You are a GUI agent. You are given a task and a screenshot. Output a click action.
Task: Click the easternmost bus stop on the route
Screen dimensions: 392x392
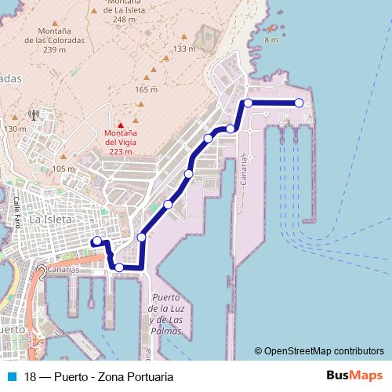click(x=299, y=103)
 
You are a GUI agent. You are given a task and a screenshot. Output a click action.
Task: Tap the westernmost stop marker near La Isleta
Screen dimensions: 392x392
click(x=97, y=241)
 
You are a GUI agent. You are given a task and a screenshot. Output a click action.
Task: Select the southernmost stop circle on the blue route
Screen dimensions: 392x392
click(x=118, y=267)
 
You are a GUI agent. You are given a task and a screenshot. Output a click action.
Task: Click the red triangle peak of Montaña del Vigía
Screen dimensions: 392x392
click(x=121, y=125)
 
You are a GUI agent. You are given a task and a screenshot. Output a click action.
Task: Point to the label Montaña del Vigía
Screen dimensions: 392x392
click(x=122, y=143)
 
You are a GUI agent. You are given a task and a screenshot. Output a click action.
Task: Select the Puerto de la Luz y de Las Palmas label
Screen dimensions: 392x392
click(x=165, y=314)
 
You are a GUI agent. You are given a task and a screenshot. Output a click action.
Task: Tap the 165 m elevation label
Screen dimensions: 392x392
click(x=146, y=90)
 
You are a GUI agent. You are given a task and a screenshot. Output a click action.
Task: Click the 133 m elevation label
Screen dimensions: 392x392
click(x=183, y=49)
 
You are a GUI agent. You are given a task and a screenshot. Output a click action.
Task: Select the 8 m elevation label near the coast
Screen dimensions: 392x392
click(x=271, y=39)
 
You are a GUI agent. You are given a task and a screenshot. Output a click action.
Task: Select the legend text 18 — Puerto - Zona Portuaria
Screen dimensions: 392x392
click(x=99, y=376)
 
